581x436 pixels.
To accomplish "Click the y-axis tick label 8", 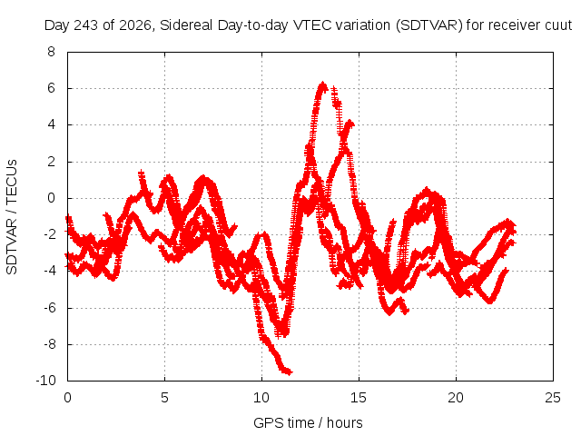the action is (x=51, y=52).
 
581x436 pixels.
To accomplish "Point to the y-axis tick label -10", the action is (x=46, y=380).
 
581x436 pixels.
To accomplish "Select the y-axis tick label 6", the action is (x=51, y=88).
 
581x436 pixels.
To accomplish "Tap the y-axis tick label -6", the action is (x=50, y=307).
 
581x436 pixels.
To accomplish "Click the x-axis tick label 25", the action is (x=553, y=398).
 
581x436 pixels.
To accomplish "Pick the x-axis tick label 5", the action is (x=164, y=398).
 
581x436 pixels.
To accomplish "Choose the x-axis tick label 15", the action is (x=359, y=398).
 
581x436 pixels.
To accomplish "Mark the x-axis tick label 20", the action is (x=456, y=398).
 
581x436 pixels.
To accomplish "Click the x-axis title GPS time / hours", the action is (x=308, y=422).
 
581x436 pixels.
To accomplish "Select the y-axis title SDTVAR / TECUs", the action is (x=12, y=217).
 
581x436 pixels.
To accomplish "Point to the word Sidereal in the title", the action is (x=187, y=25).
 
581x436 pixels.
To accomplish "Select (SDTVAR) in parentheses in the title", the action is (x=429, y=25).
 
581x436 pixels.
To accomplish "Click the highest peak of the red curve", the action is (x=323, y=84).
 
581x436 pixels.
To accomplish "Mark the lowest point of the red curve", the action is (x=289, y=372).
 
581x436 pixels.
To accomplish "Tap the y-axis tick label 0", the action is (x=51, y=198).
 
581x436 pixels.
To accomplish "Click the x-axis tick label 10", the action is (x=261, y=398).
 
